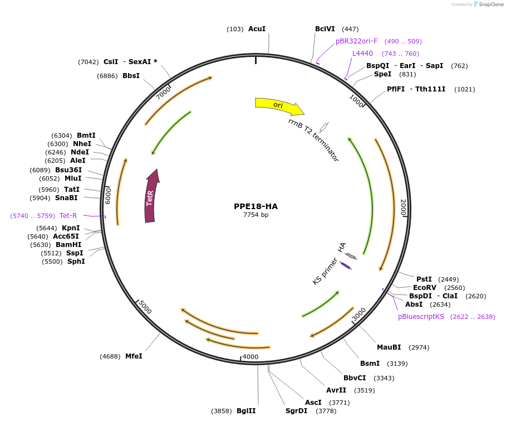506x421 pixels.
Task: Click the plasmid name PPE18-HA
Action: click(x=256, y=206)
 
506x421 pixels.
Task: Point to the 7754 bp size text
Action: click(x=256, y=215)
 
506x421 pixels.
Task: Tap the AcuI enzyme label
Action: click(x=257, y=28)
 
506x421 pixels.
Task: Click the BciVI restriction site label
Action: click(x=325, y=28)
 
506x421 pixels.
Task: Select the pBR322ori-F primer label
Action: click(x=356, y=41)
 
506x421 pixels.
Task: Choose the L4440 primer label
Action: click(x=362, y=54)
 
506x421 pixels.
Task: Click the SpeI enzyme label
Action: click(x=382, y=74)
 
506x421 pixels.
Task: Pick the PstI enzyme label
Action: click(x=424, y=279)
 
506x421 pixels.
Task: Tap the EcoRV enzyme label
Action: click(x=425, y=287)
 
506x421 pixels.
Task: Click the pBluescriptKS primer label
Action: click(x=421, y=316)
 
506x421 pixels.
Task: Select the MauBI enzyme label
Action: click(x=389, y=347)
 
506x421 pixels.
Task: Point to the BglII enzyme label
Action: click(x=246, y=411)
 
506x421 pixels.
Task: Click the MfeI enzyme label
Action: click(x=134, y=356)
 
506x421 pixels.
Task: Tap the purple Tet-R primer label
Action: click(x=68, y=215)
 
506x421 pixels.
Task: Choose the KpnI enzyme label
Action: click(x=71, y=228)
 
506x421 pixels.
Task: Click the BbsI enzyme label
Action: click(x=131, y=76)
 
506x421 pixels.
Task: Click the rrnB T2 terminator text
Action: click(x=313, y=140)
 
